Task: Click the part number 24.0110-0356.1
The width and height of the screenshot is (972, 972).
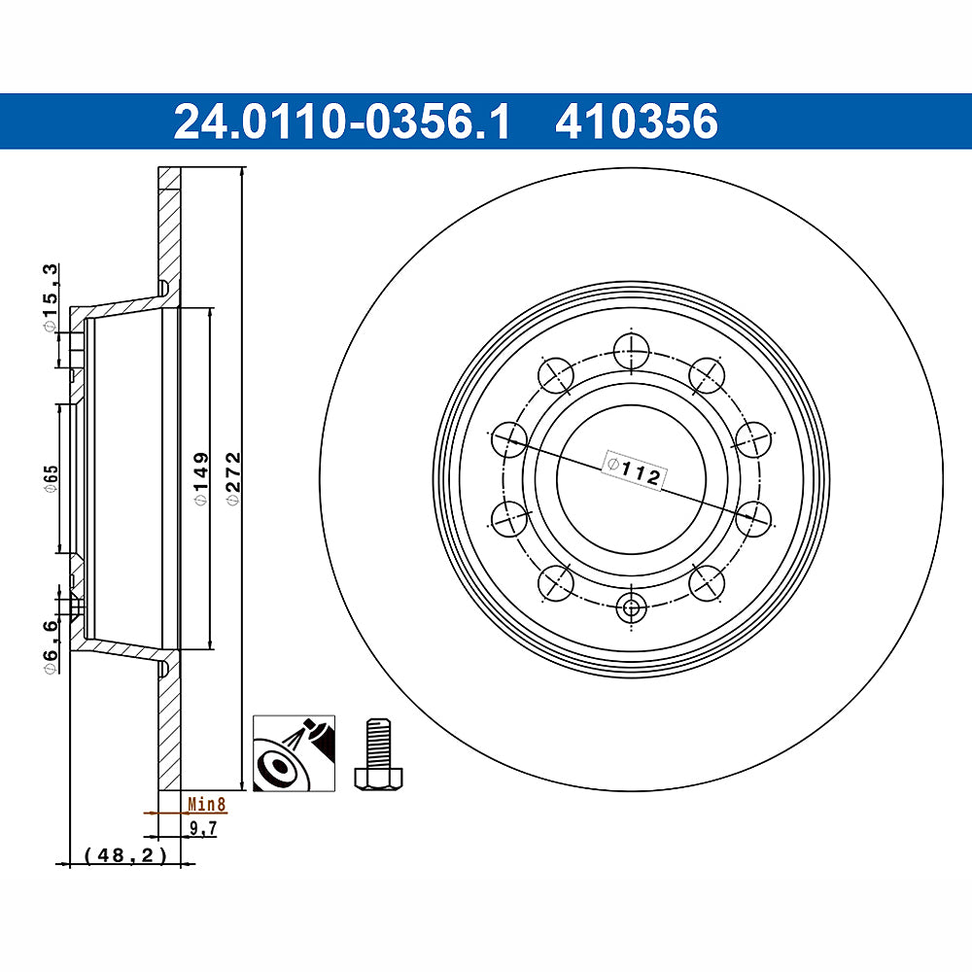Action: [341, 122]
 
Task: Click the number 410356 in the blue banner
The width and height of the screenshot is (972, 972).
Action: [637, 122]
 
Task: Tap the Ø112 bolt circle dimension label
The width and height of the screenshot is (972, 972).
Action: [633, 470]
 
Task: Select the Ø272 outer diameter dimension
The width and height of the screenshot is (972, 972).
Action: [232, 476]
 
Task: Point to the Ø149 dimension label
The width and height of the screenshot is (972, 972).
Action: [201, 476]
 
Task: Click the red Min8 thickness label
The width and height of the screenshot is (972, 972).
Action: [206, 805]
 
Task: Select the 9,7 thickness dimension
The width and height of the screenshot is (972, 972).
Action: [201, 828]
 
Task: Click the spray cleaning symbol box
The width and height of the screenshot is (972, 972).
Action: [295, 753]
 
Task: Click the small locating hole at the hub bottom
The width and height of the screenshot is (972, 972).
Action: [631, 608]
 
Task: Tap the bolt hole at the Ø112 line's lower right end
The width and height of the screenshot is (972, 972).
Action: [751, 517]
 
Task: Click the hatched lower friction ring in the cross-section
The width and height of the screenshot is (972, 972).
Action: [169, 729]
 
